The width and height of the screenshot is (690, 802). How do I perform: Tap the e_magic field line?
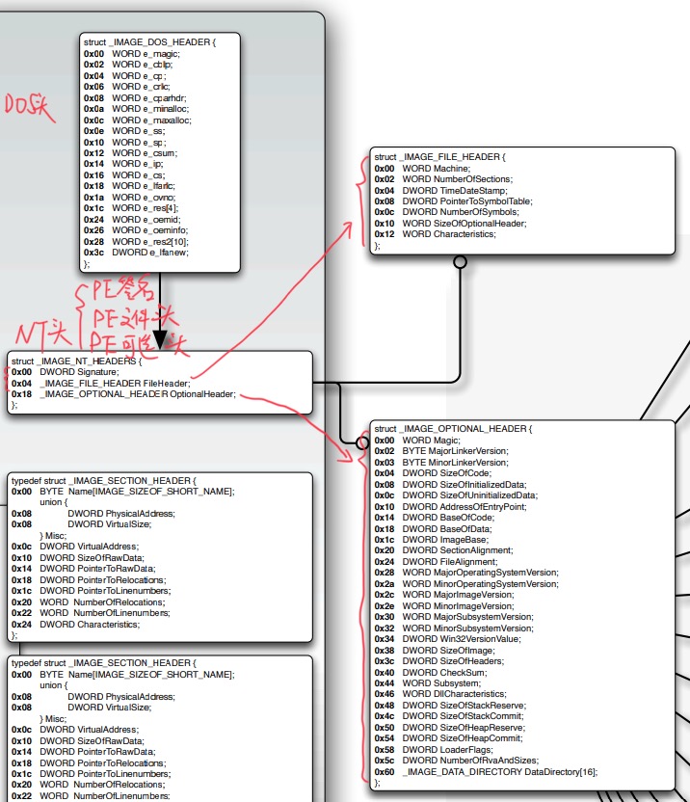point(145,54)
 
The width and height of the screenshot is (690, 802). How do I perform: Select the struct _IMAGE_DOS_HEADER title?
point(149,42)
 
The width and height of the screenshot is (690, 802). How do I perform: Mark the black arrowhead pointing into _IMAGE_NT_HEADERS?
point(160,341)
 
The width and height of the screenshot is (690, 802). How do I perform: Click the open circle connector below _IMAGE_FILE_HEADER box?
point(460,261)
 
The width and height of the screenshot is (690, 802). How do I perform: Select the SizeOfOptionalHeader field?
point(464,224)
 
